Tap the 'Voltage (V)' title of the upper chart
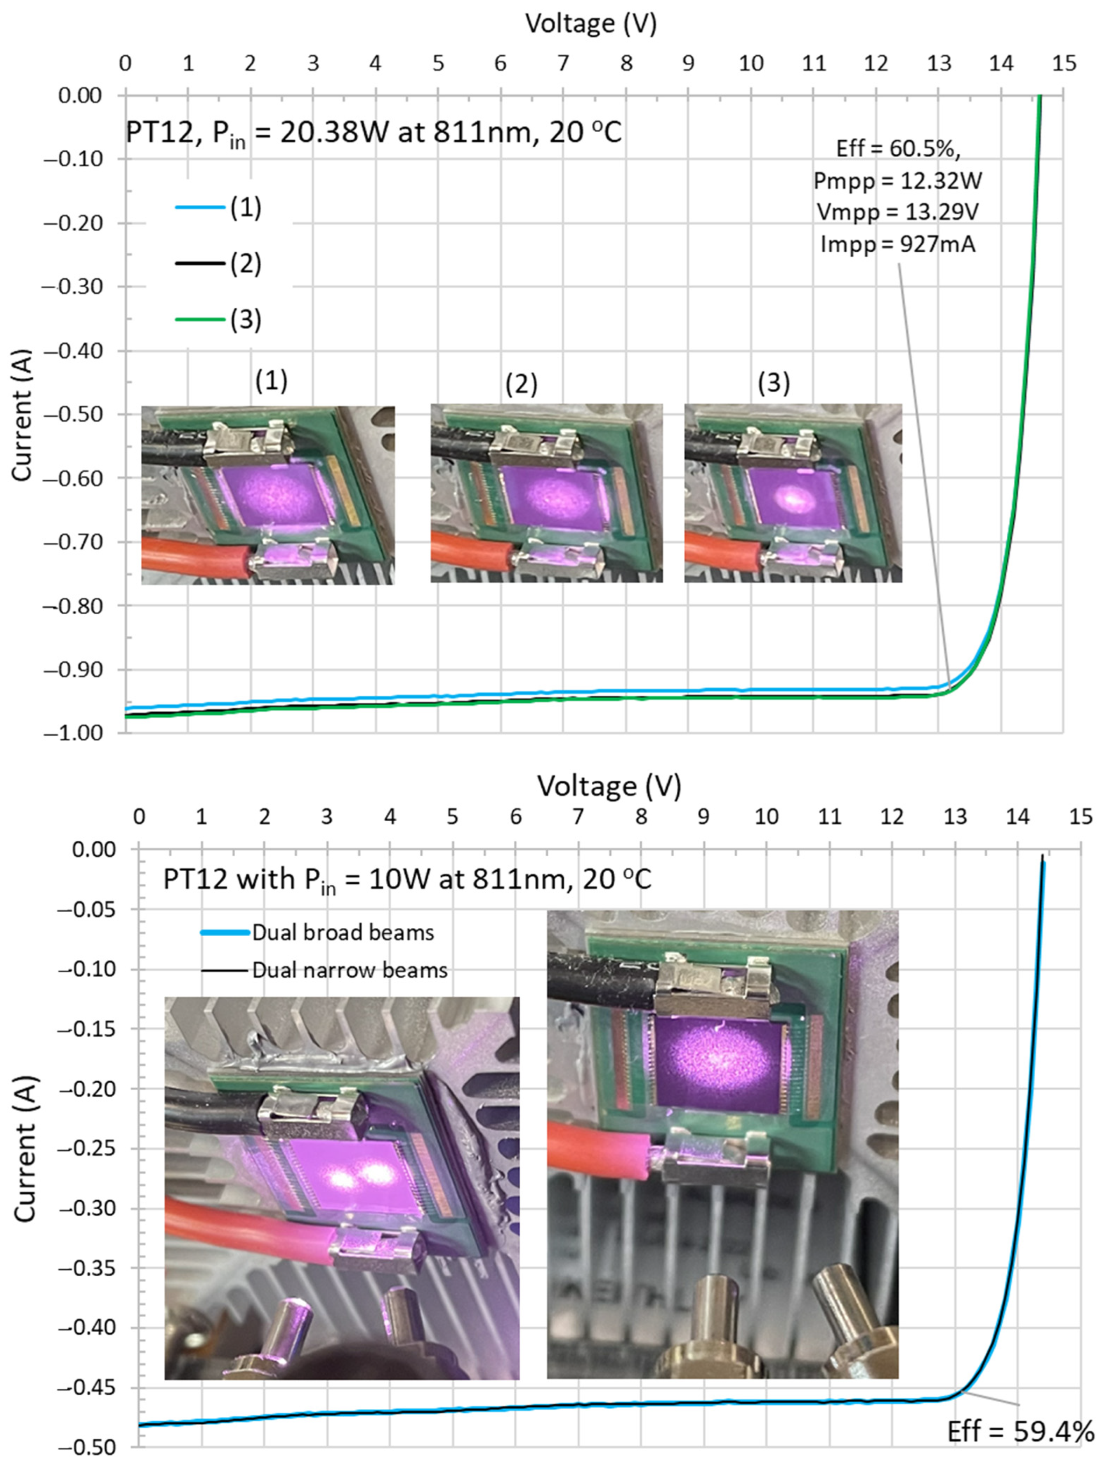click(x=591, y=23)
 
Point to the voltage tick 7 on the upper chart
click(x=562, y=64)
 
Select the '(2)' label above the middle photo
click(x=520, y=384)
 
